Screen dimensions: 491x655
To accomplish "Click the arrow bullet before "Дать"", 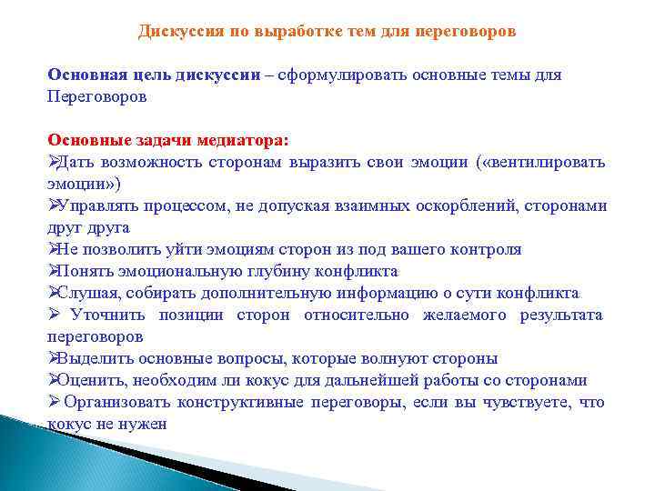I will tap(52, 162).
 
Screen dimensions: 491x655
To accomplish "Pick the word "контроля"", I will tap(490, 249).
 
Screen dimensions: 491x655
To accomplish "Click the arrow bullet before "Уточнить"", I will tap(53, 315).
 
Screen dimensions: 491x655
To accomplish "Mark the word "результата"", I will tap(561, 315).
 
